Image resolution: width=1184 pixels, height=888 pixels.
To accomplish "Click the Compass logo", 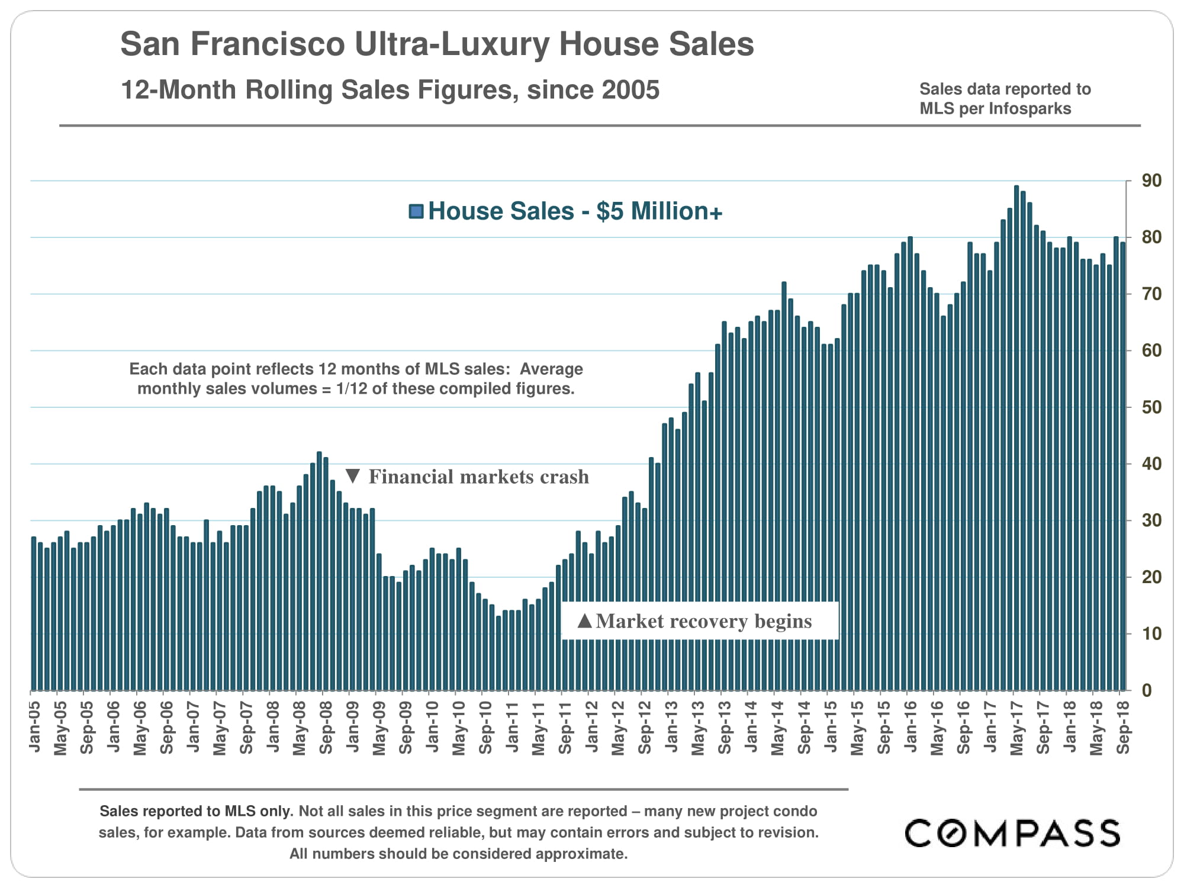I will coord(1012,834).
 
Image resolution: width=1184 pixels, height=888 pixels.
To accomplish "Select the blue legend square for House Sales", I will coord(416,211).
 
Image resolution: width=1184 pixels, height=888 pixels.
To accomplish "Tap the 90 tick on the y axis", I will coord(1151,181).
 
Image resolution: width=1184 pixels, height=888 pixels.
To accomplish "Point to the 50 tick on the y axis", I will coord(1151,407).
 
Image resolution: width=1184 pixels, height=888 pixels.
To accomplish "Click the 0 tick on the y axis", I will coord(1147,690).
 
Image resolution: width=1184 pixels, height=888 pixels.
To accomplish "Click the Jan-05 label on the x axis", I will coord(34,726).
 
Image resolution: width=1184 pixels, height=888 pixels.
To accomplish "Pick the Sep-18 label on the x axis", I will coord(1123,728).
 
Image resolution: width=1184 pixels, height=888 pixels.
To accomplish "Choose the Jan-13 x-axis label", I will coord(671,726).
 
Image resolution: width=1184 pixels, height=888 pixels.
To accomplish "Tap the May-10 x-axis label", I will coord(459,728).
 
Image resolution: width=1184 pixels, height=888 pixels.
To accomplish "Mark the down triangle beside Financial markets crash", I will coord(353,476).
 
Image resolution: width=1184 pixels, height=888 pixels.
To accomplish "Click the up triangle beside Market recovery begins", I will coord(584,620).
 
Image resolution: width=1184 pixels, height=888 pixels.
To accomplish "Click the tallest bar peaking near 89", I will coord(1016,438).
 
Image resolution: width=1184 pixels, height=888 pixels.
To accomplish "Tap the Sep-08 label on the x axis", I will coord(326,728).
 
